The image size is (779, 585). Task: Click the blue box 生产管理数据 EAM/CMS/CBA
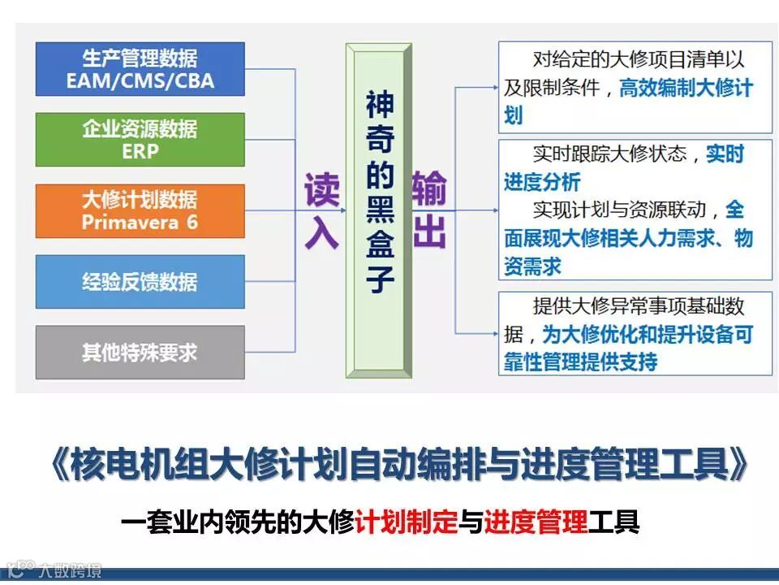(x=140, y=69)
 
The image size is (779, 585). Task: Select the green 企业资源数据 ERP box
(x=140, y=140)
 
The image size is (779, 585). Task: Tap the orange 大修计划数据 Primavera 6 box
(x=140, y=210)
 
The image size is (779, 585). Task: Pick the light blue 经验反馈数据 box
(x=140, y=281)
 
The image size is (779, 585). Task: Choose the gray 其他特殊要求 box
(x=140, y=352)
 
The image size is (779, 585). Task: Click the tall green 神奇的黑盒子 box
(x=379, y=210)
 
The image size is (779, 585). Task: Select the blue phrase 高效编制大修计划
(x=686, y=87)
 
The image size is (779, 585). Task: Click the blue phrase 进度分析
(x=541, y=181)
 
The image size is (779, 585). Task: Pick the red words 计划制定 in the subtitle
(x=407, y=520)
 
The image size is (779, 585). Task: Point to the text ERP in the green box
(x=140, y=151)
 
